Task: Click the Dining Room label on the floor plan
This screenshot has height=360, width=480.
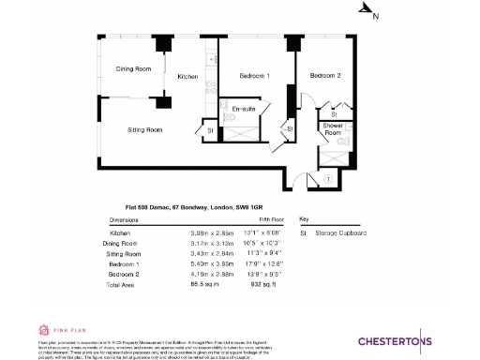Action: coord(133,69)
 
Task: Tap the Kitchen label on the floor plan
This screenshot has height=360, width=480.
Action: coord(188,76)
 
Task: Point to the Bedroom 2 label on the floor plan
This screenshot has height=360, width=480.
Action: coord(325,75)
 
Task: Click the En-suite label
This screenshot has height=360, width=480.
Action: coord(244,109)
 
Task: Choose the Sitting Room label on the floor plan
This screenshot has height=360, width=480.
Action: coord(144,129)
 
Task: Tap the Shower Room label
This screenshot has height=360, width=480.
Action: coord(333,128)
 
